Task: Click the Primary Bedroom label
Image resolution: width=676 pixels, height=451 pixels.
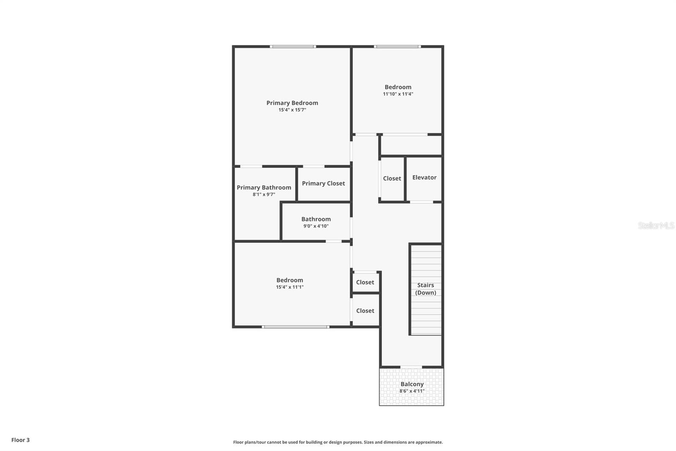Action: (x=292, y=103)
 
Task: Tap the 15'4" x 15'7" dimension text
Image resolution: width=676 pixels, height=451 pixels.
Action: (x=292, y=110)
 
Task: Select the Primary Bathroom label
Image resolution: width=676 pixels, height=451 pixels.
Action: (x=264, y=187)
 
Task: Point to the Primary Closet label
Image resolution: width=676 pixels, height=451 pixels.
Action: (x=323, y=183)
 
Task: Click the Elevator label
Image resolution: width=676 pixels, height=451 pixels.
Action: (x=424, y=177)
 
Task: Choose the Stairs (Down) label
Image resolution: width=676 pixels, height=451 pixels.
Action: (x=425, y=289)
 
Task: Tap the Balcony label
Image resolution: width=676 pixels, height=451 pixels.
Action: (x=412, y=384)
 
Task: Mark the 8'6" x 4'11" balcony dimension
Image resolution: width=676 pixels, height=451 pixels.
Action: (x=412, y=391)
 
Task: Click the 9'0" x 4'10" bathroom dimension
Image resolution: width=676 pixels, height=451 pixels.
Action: (x=316, y=226)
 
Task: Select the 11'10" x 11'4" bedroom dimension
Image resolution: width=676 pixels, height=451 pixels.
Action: (x=398, y=94)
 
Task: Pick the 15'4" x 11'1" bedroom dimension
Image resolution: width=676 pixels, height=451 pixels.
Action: (x=290, y=287)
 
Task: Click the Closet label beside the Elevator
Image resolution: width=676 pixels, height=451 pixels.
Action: (x=392, y=179)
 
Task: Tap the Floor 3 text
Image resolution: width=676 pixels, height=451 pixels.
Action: (x=20, y=440)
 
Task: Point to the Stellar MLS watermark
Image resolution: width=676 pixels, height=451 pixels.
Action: (x=656, y=225)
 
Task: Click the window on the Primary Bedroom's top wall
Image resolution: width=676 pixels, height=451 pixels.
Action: (x=293, y=46)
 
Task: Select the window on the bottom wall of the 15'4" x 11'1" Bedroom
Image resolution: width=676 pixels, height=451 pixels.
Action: (x=295, y=327)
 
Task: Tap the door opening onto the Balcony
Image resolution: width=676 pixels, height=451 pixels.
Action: (x=411, y=367)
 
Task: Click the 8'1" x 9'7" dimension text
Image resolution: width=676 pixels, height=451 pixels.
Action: (x=264, y=195)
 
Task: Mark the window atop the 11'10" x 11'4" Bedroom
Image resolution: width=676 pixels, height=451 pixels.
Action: (x=397, y=46)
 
